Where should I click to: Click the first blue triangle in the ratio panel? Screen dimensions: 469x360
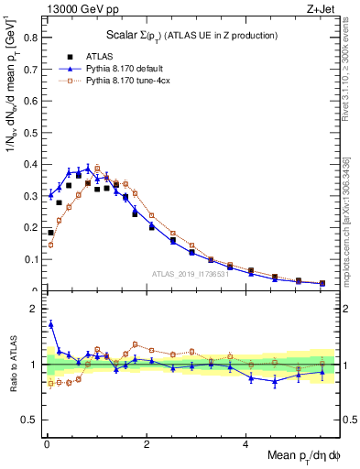(51, 323)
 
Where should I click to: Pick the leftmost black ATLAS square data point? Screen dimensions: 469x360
(51, 233)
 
